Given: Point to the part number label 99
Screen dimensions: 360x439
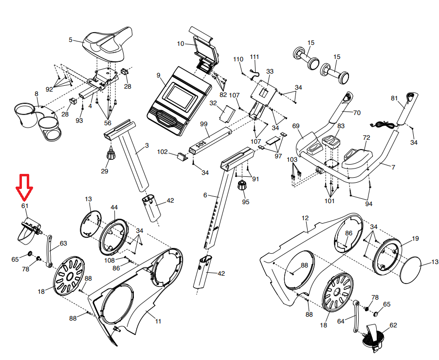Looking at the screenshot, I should point(204,125).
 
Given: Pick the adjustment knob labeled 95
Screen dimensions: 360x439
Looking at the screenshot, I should point(242,186).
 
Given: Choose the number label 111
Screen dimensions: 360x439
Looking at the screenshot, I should point(255,57).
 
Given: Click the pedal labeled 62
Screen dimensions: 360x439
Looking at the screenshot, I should point(374,338).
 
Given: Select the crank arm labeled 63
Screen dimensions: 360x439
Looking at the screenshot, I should point(49,251).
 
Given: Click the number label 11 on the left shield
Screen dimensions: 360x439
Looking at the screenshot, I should point(158,321).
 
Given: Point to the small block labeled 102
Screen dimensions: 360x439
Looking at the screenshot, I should point(181,156).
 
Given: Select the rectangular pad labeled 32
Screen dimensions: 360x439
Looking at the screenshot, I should point(227,114).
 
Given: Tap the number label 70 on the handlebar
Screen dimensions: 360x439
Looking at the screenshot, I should point(356,113).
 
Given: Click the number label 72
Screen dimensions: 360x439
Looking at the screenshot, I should point(366,138).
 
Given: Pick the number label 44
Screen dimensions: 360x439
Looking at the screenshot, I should point(114,208).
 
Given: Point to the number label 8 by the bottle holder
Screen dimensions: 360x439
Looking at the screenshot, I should point(36,94).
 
